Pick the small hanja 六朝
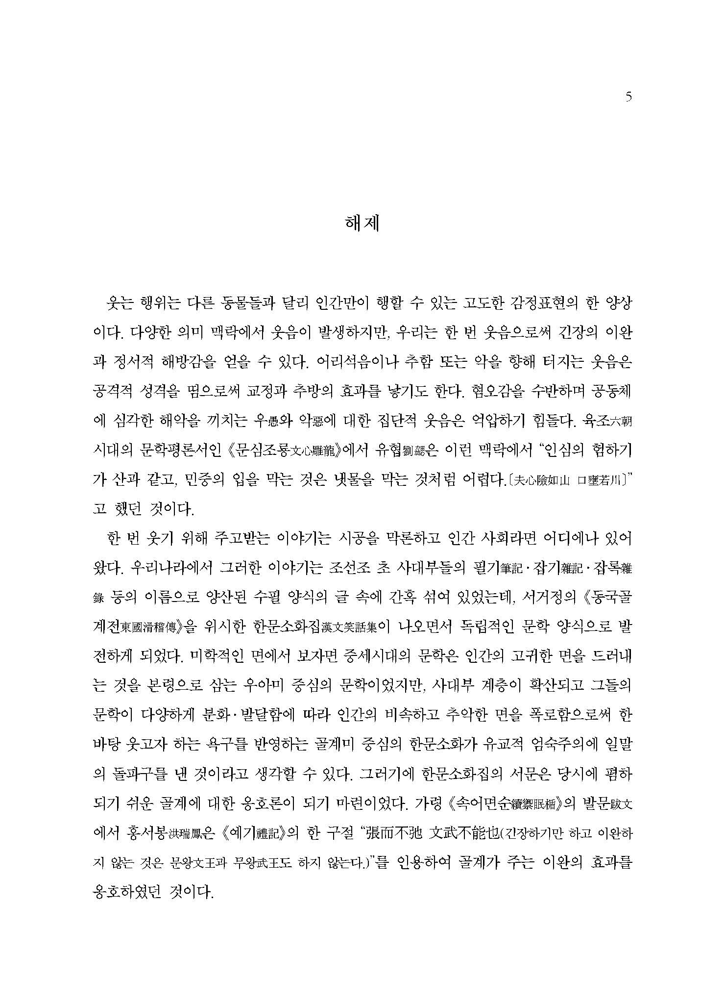point(619,422)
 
